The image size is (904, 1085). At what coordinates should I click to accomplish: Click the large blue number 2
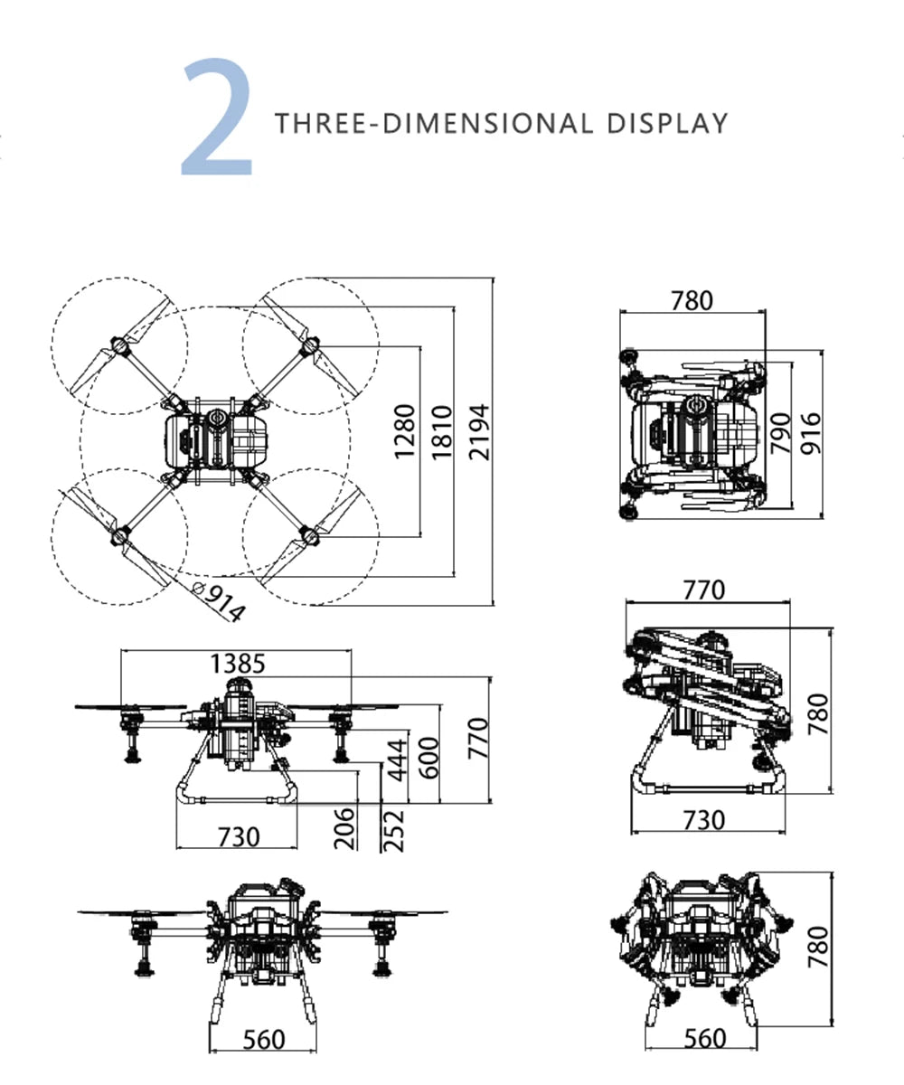(217, 117)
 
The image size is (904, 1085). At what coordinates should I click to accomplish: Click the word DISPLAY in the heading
(667, 124)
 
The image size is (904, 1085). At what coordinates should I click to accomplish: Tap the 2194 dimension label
(479, 432)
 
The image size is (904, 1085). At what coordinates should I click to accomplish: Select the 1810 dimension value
(443, 432)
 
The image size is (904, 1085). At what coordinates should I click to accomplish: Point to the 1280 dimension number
(405, 432)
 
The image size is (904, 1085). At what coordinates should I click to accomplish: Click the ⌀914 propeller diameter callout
(218, 602)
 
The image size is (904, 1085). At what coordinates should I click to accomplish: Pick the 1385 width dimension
(238, 664)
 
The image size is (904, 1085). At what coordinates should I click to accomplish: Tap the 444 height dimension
(398, 759)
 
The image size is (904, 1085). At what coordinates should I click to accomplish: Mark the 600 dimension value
(429, 759)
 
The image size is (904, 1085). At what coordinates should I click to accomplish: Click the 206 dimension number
(344, 829)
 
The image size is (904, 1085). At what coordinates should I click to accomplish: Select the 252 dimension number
(393, 831)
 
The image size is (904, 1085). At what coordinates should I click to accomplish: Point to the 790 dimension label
(781, 433)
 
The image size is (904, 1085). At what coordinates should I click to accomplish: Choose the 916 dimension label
(811, 433)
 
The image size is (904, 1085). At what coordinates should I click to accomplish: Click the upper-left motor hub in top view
(120, 345)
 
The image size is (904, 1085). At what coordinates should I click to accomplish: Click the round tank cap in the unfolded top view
(216, 417)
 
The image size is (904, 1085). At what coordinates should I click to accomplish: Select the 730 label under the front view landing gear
(239, 837)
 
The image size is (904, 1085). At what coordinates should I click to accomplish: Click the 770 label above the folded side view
(704, 590)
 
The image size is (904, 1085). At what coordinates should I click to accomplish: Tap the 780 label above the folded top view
(692, 301)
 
